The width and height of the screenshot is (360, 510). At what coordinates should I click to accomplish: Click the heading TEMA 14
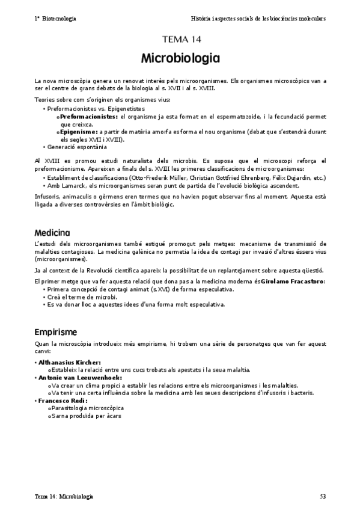[180, 40]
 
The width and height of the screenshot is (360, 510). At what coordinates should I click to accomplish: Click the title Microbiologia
[180, 59]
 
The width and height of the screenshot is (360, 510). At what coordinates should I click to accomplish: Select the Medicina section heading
[52, 232]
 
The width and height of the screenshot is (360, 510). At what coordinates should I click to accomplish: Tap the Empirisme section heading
[55, 331]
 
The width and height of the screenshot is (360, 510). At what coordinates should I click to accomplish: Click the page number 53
[322, 497]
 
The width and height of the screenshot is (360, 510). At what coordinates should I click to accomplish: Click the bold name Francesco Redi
[63, 400]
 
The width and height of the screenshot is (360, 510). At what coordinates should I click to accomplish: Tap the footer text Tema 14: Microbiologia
[64, 497]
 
